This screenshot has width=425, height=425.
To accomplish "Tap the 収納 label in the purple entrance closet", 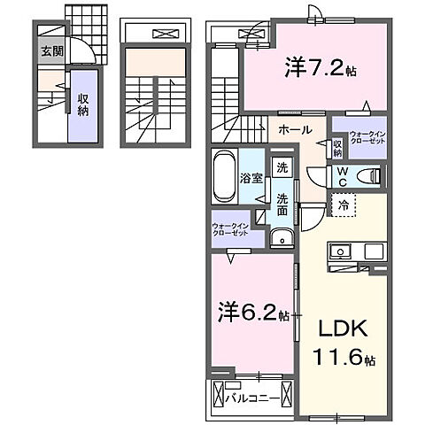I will click(81, 104).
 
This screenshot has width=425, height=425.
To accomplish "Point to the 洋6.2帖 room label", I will click(252, 312).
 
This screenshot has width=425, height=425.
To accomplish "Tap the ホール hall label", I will click(295, 130).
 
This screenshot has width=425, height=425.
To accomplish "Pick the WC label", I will click(341, 176).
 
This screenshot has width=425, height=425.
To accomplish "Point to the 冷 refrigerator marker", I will click(342, 205).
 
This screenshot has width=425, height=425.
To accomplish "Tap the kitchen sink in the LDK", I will click(339, 251).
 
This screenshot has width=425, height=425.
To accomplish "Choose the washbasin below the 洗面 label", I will click(282, 236).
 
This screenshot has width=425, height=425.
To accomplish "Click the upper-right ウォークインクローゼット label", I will click(367, 139).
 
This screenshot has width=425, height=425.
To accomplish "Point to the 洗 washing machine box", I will click(282, 166).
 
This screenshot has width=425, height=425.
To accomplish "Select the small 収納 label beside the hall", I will click(337, 147).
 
